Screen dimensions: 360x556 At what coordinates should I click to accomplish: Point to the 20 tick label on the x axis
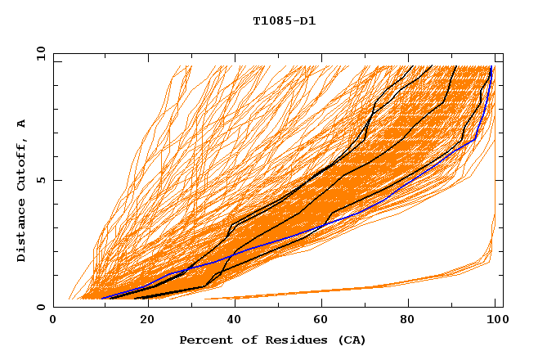[x=142, y=321]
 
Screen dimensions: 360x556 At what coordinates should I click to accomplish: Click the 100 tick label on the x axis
[x=497, y=321]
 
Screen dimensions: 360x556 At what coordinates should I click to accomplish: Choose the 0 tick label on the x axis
[x=53, y=321]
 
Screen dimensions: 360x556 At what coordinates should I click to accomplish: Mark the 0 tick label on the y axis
[x=41, y=308]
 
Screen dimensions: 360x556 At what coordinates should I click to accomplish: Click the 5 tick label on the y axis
[x=41, y=180]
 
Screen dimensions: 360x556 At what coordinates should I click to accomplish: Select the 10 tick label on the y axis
[x=38, y=52]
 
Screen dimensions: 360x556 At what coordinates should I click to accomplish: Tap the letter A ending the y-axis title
[x=21, y=123]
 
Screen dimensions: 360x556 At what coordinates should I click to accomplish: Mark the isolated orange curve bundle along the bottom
[x=368, y=288]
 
